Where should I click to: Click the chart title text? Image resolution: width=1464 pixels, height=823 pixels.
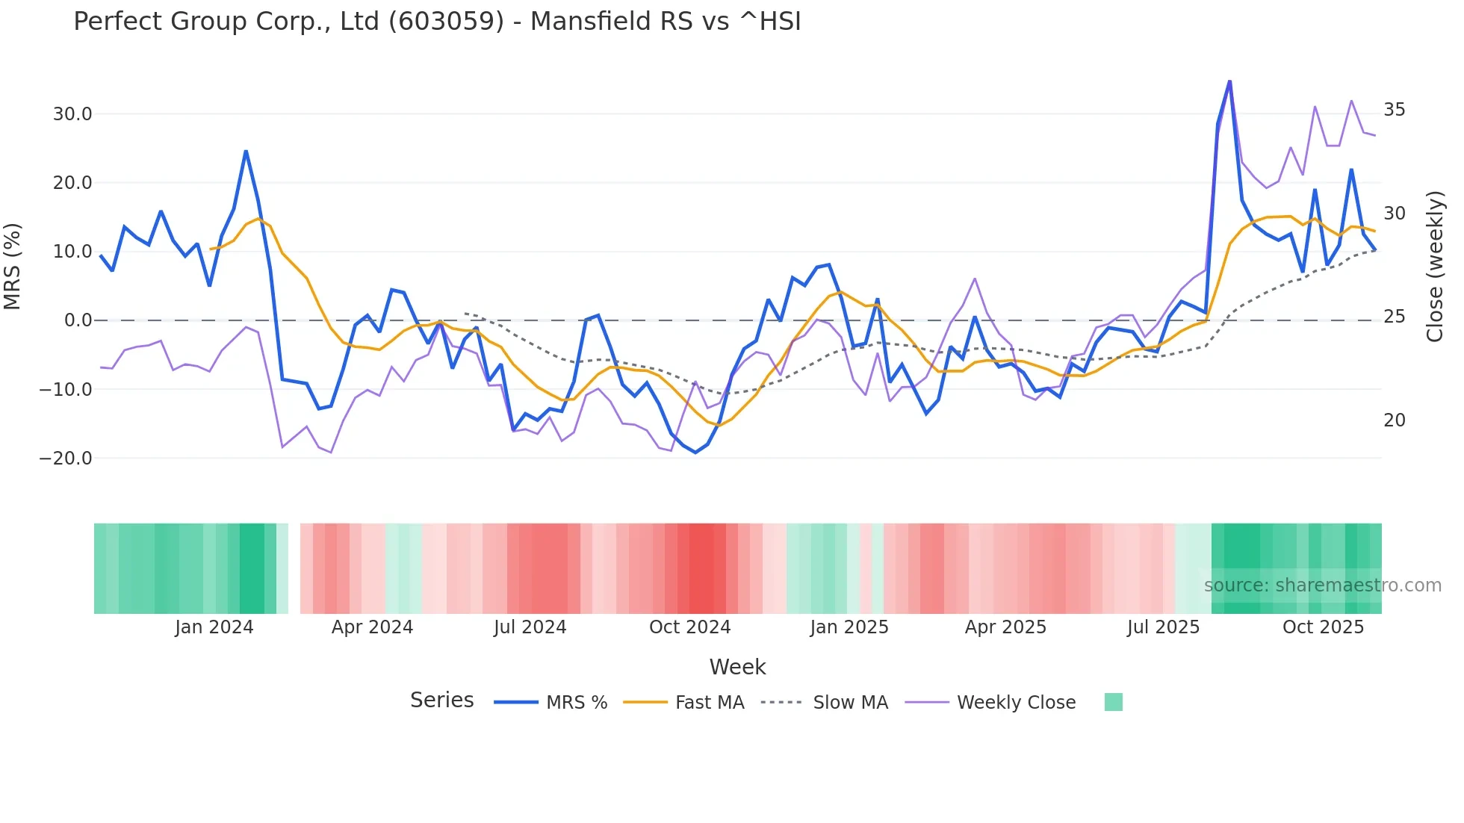437,22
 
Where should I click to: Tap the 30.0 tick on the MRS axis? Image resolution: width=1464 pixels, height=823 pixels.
72,114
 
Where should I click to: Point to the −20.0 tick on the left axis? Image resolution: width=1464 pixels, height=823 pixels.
66,458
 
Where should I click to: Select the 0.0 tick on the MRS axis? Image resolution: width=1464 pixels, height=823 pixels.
78,320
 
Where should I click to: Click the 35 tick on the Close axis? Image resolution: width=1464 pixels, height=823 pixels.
1394,110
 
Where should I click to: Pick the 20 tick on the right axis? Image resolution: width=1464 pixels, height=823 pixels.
1394,420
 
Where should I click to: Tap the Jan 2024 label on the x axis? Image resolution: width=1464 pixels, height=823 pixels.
214,627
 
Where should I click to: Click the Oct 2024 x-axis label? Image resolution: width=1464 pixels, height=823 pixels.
689,627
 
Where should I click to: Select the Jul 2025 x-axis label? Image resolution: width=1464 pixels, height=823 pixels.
1163,627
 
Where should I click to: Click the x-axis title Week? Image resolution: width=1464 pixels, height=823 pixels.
737,667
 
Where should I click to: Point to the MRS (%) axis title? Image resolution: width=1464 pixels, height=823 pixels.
13,267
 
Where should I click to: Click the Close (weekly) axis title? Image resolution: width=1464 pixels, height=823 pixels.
1434,267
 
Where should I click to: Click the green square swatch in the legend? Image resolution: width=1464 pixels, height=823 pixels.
1113,702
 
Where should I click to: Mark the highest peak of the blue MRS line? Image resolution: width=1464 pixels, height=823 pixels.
1229,81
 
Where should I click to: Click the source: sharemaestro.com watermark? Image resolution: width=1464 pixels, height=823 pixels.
1322,586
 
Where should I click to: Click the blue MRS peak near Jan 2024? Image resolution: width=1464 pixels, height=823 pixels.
246,152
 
